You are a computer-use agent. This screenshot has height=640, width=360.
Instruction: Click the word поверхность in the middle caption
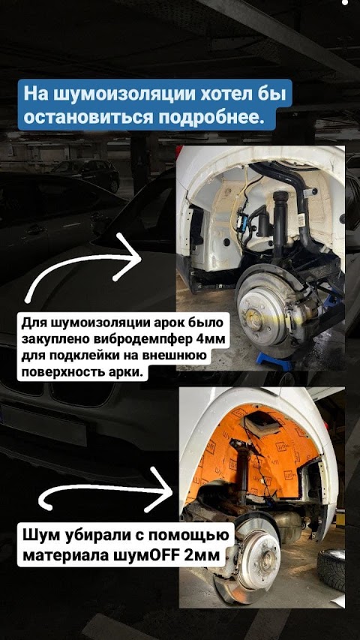click(62, 372)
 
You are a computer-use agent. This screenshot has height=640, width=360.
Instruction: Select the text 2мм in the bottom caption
click(202, 555)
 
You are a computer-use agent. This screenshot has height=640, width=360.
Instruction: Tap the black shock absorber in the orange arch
click(243, 470)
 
